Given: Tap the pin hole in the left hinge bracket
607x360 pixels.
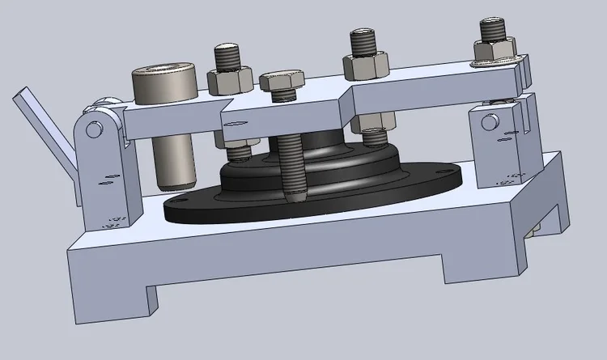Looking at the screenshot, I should coord(95,129).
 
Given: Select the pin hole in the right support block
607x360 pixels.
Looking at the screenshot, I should coord(488,122).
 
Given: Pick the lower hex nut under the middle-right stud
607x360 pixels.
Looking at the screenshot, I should coord(371,125).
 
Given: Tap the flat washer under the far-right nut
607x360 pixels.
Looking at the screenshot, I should coord(495,61).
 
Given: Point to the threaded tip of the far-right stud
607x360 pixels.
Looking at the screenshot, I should coord(494,29).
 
